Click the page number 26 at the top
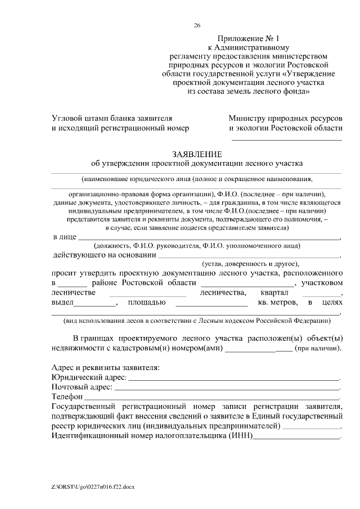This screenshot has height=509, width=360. point(197,25)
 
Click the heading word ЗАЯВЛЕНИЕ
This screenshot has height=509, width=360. point(197,154)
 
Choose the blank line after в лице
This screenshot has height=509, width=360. point(209,240)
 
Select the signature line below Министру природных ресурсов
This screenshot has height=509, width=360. point(287,139)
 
